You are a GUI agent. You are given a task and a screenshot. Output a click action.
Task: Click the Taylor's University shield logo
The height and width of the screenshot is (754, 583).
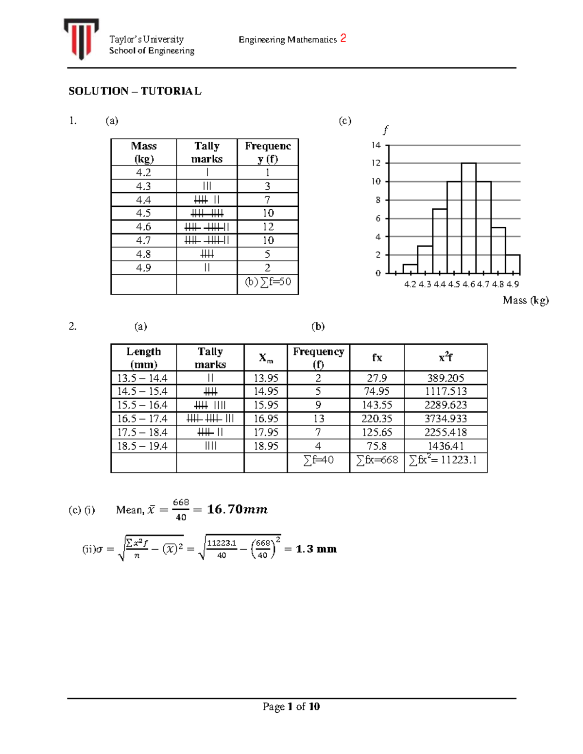(81, 38)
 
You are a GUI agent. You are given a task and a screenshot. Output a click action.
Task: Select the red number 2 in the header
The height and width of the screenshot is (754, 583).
(343, 38)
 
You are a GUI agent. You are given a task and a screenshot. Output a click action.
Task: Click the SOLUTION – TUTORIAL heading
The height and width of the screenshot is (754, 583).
(135, 91)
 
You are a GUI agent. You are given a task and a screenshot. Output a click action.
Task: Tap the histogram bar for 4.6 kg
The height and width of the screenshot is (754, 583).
(468, 218)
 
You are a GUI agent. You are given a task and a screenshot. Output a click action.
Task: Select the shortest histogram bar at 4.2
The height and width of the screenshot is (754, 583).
(410, 268)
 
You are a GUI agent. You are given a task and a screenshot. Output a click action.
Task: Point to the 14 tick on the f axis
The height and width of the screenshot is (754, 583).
(376, 145)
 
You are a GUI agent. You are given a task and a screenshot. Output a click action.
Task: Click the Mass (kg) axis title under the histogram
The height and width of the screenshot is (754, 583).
(526, 300)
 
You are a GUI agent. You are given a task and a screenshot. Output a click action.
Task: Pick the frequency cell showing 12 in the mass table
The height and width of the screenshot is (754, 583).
(268, 227)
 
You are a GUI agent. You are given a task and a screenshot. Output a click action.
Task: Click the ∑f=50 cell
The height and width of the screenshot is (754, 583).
(268, 282)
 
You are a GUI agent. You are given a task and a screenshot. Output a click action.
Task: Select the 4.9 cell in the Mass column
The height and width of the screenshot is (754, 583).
(143, 268)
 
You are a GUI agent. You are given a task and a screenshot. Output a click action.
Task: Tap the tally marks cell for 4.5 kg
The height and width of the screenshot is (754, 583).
(207, 213)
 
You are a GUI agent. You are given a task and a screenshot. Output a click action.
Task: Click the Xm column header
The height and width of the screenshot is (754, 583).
(266, 358)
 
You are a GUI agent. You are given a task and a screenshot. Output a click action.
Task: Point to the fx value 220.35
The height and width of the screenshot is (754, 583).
(377, 419)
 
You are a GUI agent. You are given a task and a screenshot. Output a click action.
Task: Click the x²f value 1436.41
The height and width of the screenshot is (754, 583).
(446, 446)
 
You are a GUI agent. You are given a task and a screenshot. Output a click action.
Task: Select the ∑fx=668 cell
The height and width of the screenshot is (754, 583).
(377, 460)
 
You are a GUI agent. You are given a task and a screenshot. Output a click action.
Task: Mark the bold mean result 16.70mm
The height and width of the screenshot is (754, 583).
(237, 509)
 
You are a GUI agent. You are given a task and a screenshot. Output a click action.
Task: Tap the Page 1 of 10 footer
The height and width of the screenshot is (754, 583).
(291, 707)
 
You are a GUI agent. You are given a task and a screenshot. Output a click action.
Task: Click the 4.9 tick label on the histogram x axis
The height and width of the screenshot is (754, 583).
(513, 285)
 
